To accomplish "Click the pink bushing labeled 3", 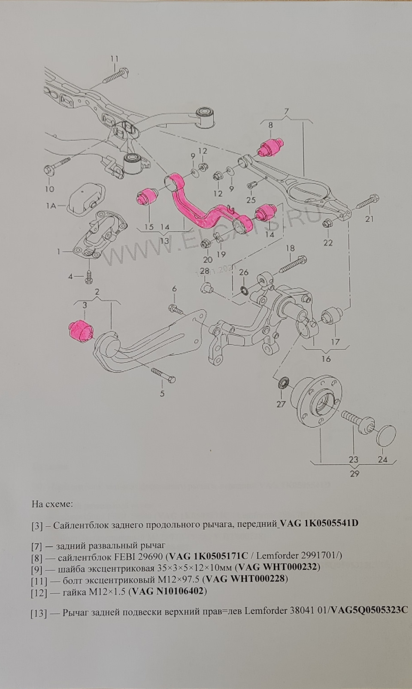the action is tap(81, 331).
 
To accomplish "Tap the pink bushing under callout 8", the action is tap(270, 147).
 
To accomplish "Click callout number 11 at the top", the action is tap(115, 59).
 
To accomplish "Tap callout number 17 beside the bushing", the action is tap(335, 342).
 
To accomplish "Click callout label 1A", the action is tap(51, 206).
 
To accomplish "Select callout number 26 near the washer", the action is tap(243, 272).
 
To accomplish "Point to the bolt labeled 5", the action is tap(163, 375).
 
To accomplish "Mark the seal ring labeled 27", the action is tap(283, 383).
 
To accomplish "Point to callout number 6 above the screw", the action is tap(174, 288).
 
